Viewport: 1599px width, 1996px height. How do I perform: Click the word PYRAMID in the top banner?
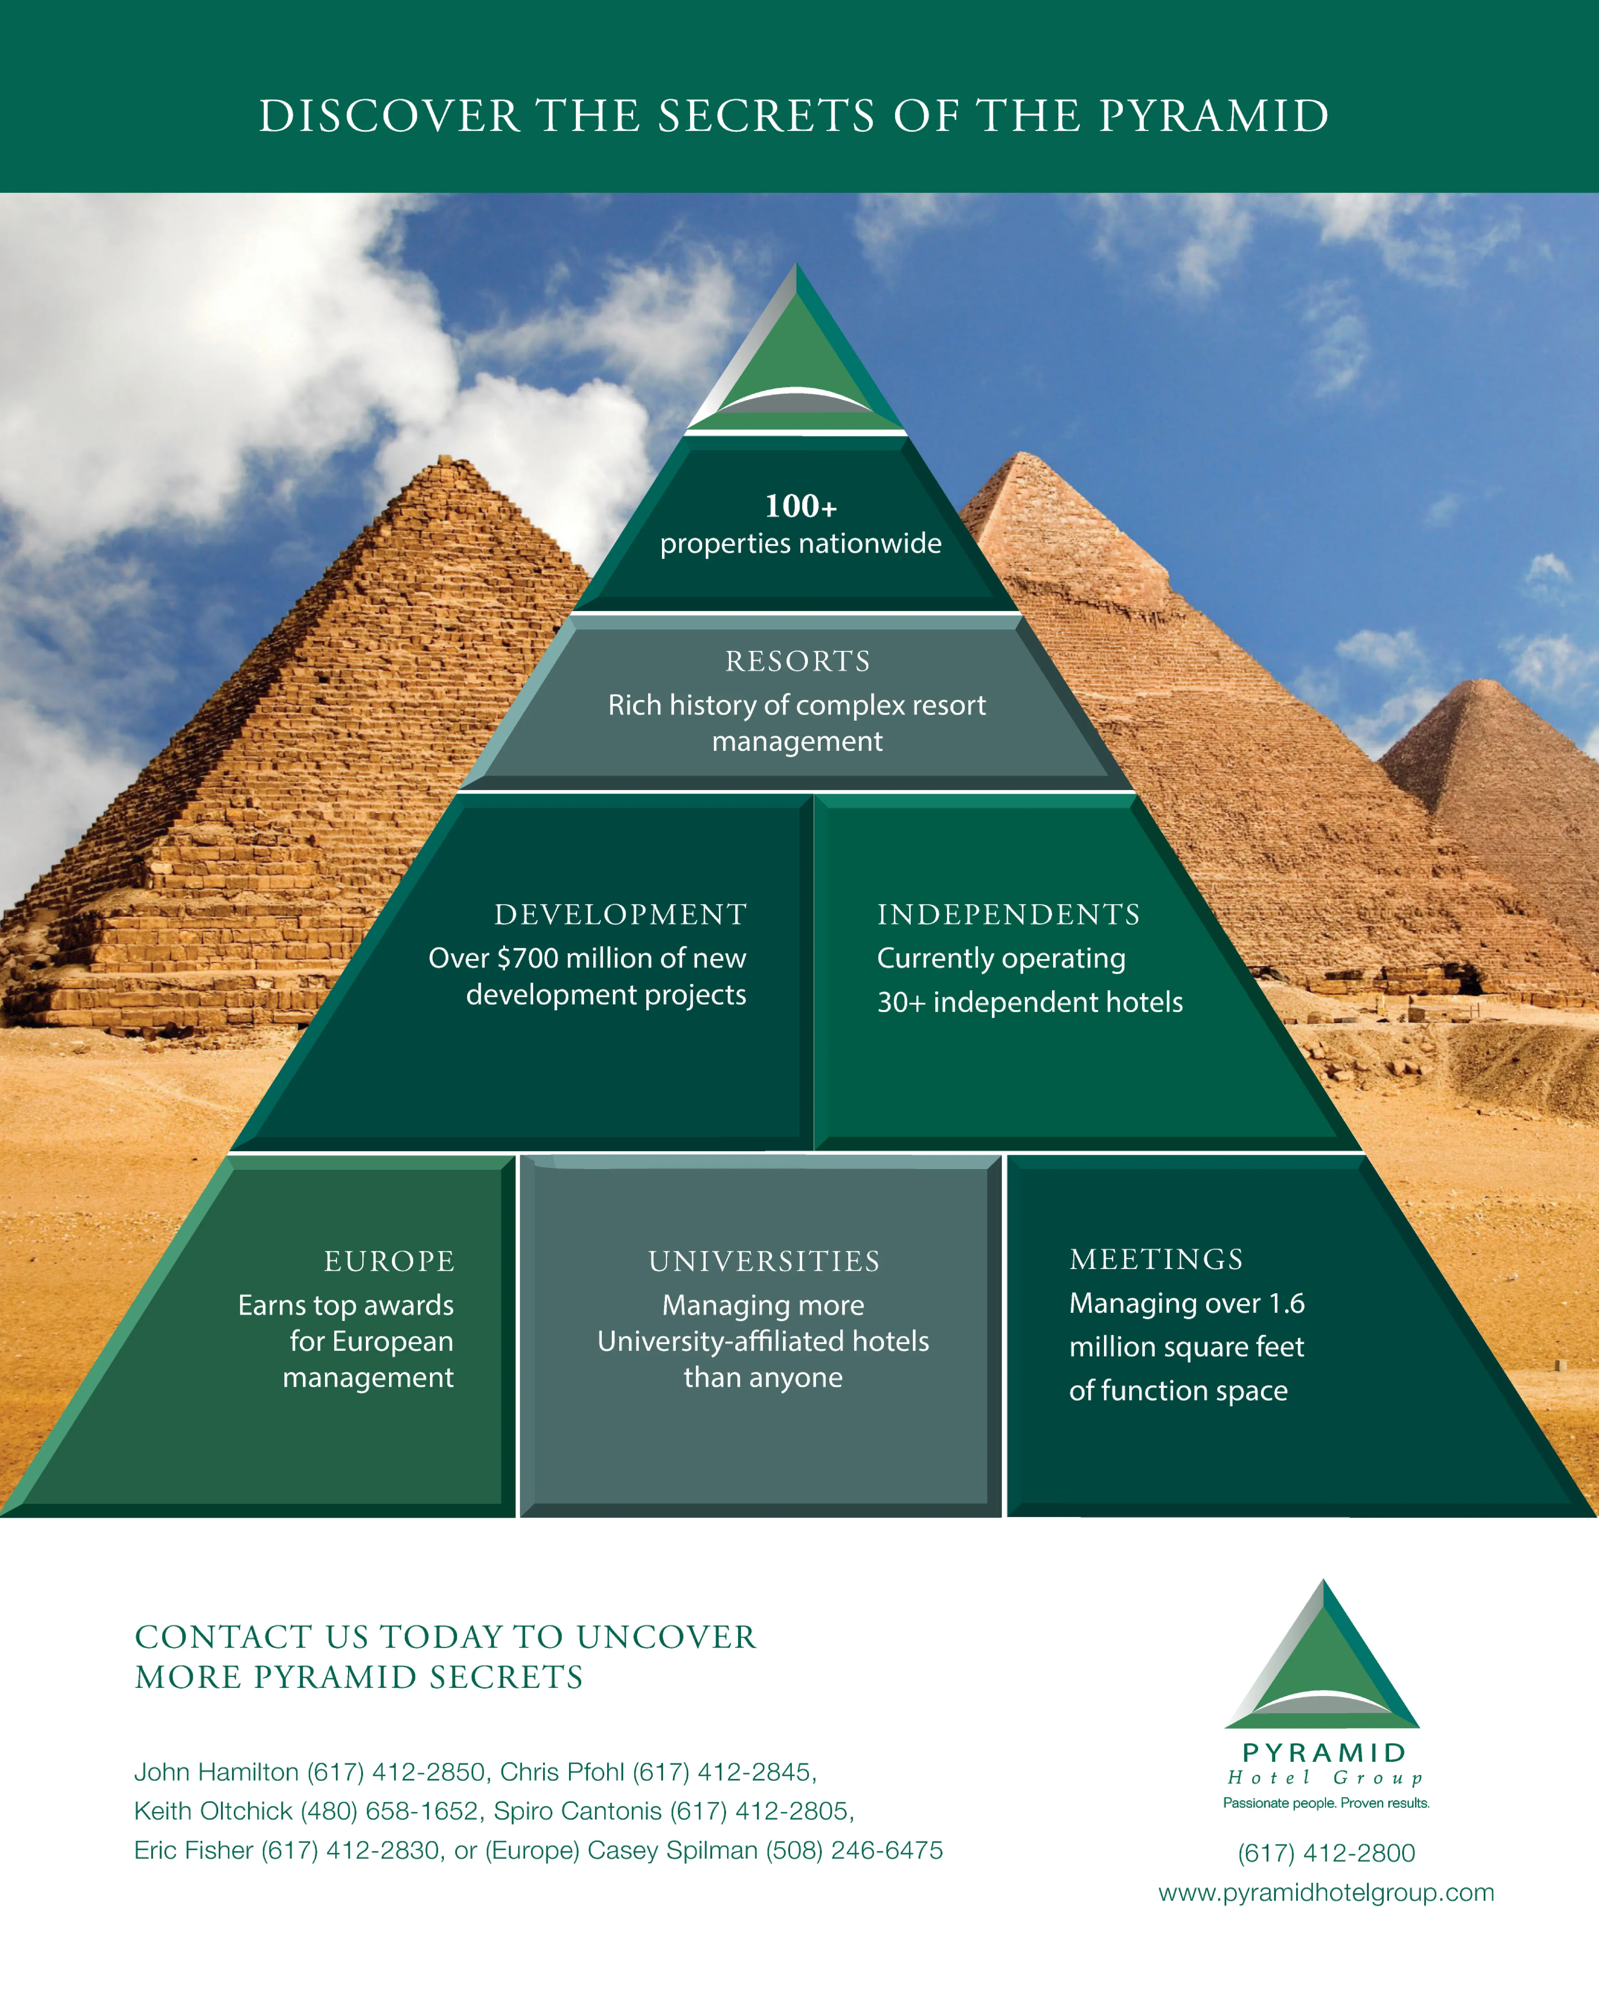[x=1214, y=117]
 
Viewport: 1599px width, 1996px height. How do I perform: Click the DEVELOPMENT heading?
[x=620, y=915]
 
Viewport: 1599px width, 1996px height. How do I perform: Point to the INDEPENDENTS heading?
[x=1008, y=915]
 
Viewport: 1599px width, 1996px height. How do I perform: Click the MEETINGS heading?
[x=1156, y=1259]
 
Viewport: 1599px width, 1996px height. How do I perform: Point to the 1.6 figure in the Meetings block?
[x=1286, y=1304]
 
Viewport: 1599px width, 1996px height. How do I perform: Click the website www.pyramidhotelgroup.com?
[x=1326, y=1892]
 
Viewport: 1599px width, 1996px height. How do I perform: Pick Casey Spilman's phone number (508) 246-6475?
[x=854, y=1850]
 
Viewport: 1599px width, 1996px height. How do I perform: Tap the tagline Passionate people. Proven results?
[x=1326, y=1802]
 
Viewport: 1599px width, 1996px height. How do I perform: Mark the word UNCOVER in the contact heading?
[x=667, y=1637]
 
